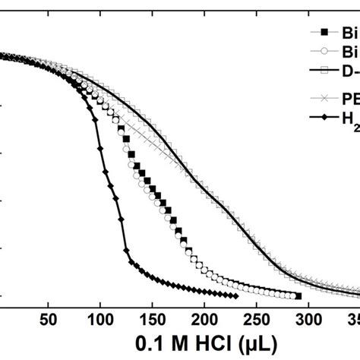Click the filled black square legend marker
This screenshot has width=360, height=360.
tap(324, 32)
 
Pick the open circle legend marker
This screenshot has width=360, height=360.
tap(324, 52)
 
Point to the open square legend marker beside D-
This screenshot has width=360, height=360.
tap(324, 71)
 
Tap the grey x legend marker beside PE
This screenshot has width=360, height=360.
tap(324, 97)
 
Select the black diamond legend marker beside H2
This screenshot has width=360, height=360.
tap(324, 116)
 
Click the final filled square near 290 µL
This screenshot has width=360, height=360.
tap(298, 296)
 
